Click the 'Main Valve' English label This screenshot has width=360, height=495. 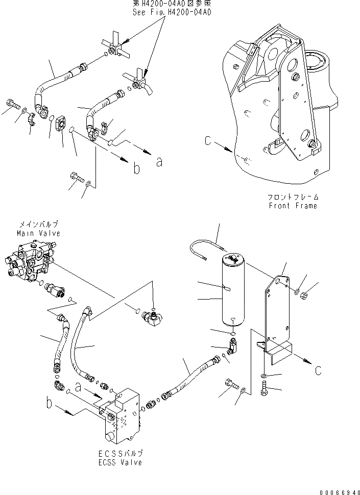point(39,233)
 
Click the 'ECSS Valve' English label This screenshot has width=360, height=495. point(121,462)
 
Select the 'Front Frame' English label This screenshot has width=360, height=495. point(293,206)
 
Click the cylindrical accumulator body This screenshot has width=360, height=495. point(232,291)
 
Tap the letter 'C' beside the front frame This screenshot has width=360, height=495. point(207,141)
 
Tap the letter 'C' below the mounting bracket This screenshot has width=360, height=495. point(318,370)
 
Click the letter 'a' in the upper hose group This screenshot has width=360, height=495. point(159,162)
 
